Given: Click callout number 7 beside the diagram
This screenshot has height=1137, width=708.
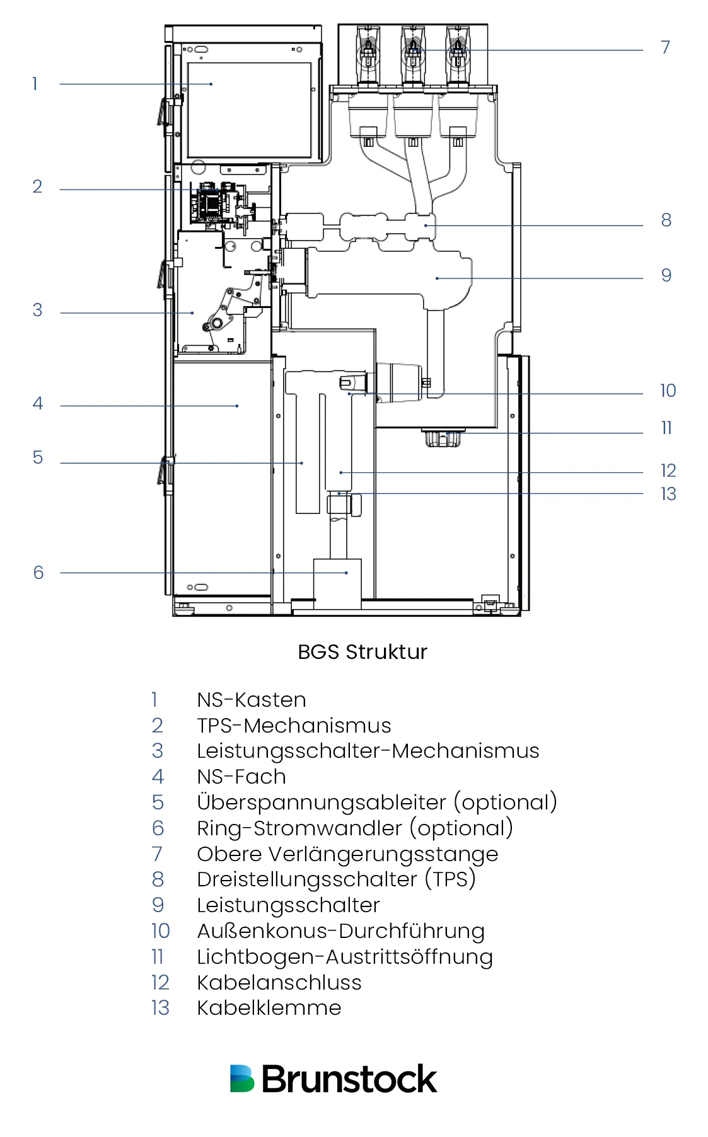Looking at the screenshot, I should pos(665,47).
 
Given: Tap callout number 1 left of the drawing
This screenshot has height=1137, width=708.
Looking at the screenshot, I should pos(35,84).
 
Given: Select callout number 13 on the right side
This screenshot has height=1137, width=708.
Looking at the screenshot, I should pos(668,494).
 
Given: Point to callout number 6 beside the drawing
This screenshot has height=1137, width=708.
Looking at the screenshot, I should pos(38,573).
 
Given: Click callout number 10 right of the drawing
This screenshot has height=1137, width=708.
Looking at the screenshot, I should pos(668,391).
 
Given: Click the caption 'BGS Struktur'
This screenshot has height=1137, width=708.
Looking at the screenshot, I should pos(363,652).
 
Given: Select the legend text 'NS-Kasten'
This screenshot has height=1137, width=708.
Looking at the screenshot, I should pos(252,700).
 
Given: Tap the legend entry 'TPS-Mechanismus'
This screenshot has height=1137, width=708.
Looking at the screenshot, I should pos(294,726).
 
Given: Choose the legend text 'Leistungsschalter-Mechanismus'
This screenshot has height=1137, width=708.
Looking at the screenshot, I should pos(368,751).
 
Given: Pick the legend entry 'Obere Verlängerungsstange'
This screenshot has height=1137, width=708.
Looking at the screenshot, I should pos(347,854).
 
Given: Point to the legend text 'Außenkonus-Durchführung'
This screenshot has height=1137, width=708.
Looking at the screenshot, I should pos(340,931).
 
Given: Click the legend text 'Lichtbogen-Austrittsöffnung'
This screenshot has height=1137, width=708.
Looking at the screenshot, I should pos(344,957).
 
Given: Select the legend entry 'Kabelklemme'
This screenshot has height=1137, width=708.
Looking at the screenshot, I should pos(269,1008).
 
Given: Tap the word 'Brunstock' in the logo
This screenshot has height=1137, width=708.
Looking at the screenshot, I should pos(349,1079).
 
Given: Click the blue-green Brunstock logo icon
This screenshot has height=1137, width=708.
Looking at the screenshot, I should pos(241,1078).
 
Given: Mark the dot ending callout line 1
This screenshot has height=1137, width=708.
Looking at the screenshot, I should pos(211,84).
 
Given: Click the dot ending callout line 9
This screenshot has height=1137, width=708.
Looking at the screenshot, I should pos(437,278).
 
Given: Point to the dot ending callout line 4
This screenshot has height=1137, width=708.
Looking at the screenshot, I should pos(237,406).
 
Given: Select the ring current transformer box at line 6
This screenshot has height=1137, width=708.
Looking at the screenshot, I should pos(337,583).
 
